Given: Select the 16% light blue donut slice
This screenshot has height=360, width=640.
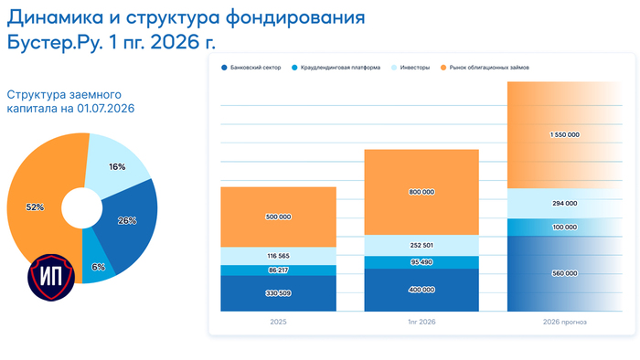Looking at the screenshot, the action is [x=116, y=165].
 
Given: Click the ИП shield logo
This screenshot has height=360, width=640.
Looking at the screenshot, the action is [x=51, y=277].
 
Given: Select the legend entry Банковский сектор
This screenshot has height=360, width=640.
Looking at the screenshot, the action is [x=251, y=68].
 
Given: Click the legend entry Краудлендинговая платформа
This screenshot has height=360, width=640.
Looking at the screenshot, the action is [x=336, y=68].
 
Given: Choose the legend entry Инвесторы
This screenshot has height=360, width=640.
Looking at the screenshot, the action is [x=411, y=68].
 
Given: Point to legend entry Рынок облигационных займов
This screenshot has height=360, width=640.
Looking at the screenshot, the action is [x=485, y=68].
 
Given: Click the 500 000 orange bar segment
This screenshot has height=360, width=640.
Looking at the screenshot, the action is [x=278, y=217].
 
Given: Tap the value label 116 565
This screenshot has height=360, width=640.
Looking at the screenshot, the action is [x=278, y=256].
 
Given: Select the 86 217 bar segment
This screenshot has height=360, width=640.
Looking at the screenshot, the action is [x=278, y=270].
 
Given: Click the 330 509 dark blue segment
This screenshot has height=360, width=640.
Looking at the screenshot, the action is [x=278, y=293].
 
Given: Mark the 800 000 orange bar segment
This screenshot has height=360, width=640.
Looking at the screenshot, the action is [x=421, y=192].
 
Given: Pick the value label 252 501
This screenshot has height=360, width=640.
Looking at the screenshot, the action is [x=421, y=246].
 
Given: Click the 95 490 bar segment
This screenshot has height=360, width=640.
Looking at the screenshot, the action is [x=421, y=262].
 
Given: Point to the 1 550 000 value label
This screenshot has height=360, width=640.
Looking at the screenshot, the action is [x=565, y=135].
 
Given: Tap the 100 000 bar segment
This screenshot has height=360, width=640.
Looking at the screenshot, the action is [x=565, y=228].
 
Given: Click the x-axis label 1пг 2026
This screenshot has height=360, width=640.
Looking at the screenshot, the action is [x=421, y=322].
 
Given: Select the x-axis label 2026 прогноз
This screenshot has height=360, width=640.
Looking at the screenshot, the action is [x=565, y=322].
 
